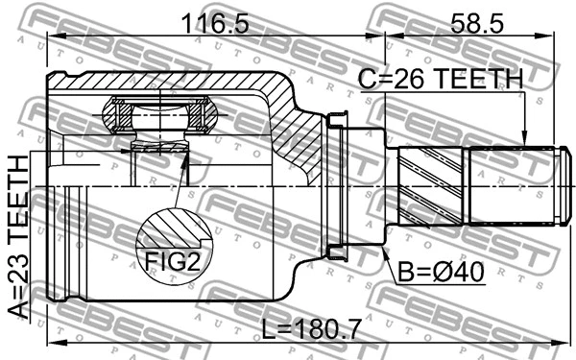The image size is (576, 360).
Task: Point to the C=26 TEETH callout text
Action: tap(441, 79)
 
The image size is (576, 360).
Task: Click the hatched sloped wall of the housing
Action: tap(297, 134)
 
